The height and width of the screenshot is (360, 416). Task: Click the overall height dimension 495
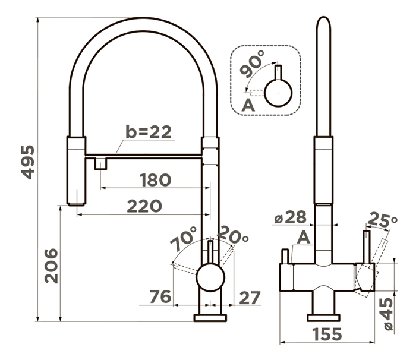pos(28,162)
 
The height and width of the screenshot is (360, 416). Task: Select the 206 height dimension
pos(51,266)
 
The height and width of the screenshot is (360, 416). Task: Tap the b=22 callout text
pos(149,132)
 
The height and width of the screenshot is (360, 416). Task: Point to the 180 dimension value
pos(156,180)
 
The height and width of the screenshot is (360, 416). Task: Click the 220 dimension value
pos(144,206)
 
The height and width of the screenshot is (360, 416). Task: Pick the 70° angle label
pos(184,238)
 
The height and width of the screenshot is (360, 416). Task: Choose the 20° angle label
pos(233,235)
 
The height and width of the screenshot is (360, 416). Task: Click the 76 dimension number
pos(160,296)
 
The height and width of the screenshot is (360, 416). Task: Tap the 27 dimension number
pos(250,298)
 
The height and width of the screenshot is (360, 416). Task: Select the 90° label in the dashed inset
pos(252,64)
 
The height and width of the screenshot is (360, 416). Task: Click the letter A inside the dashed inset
pos(248,105)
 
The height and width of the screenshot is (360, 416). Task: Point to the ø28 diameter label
pos(290,217)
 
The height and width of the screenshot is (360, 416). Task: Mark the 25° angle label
pos(383,220)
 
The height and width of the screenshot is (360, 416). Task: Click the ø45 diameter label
pos(388,314)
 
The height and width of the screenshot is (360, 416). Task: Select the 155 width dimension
pos(327,334)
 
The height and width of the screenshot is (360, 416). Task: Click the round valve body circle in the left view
pos(210,277)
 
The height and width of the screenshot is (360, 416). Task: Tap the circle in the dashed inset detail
pos(278,93)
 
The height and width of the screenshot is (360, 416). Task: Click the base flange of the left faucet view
pos(210,318)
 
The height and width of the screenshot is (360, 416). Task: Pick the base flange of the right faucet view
pos(323,318)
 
